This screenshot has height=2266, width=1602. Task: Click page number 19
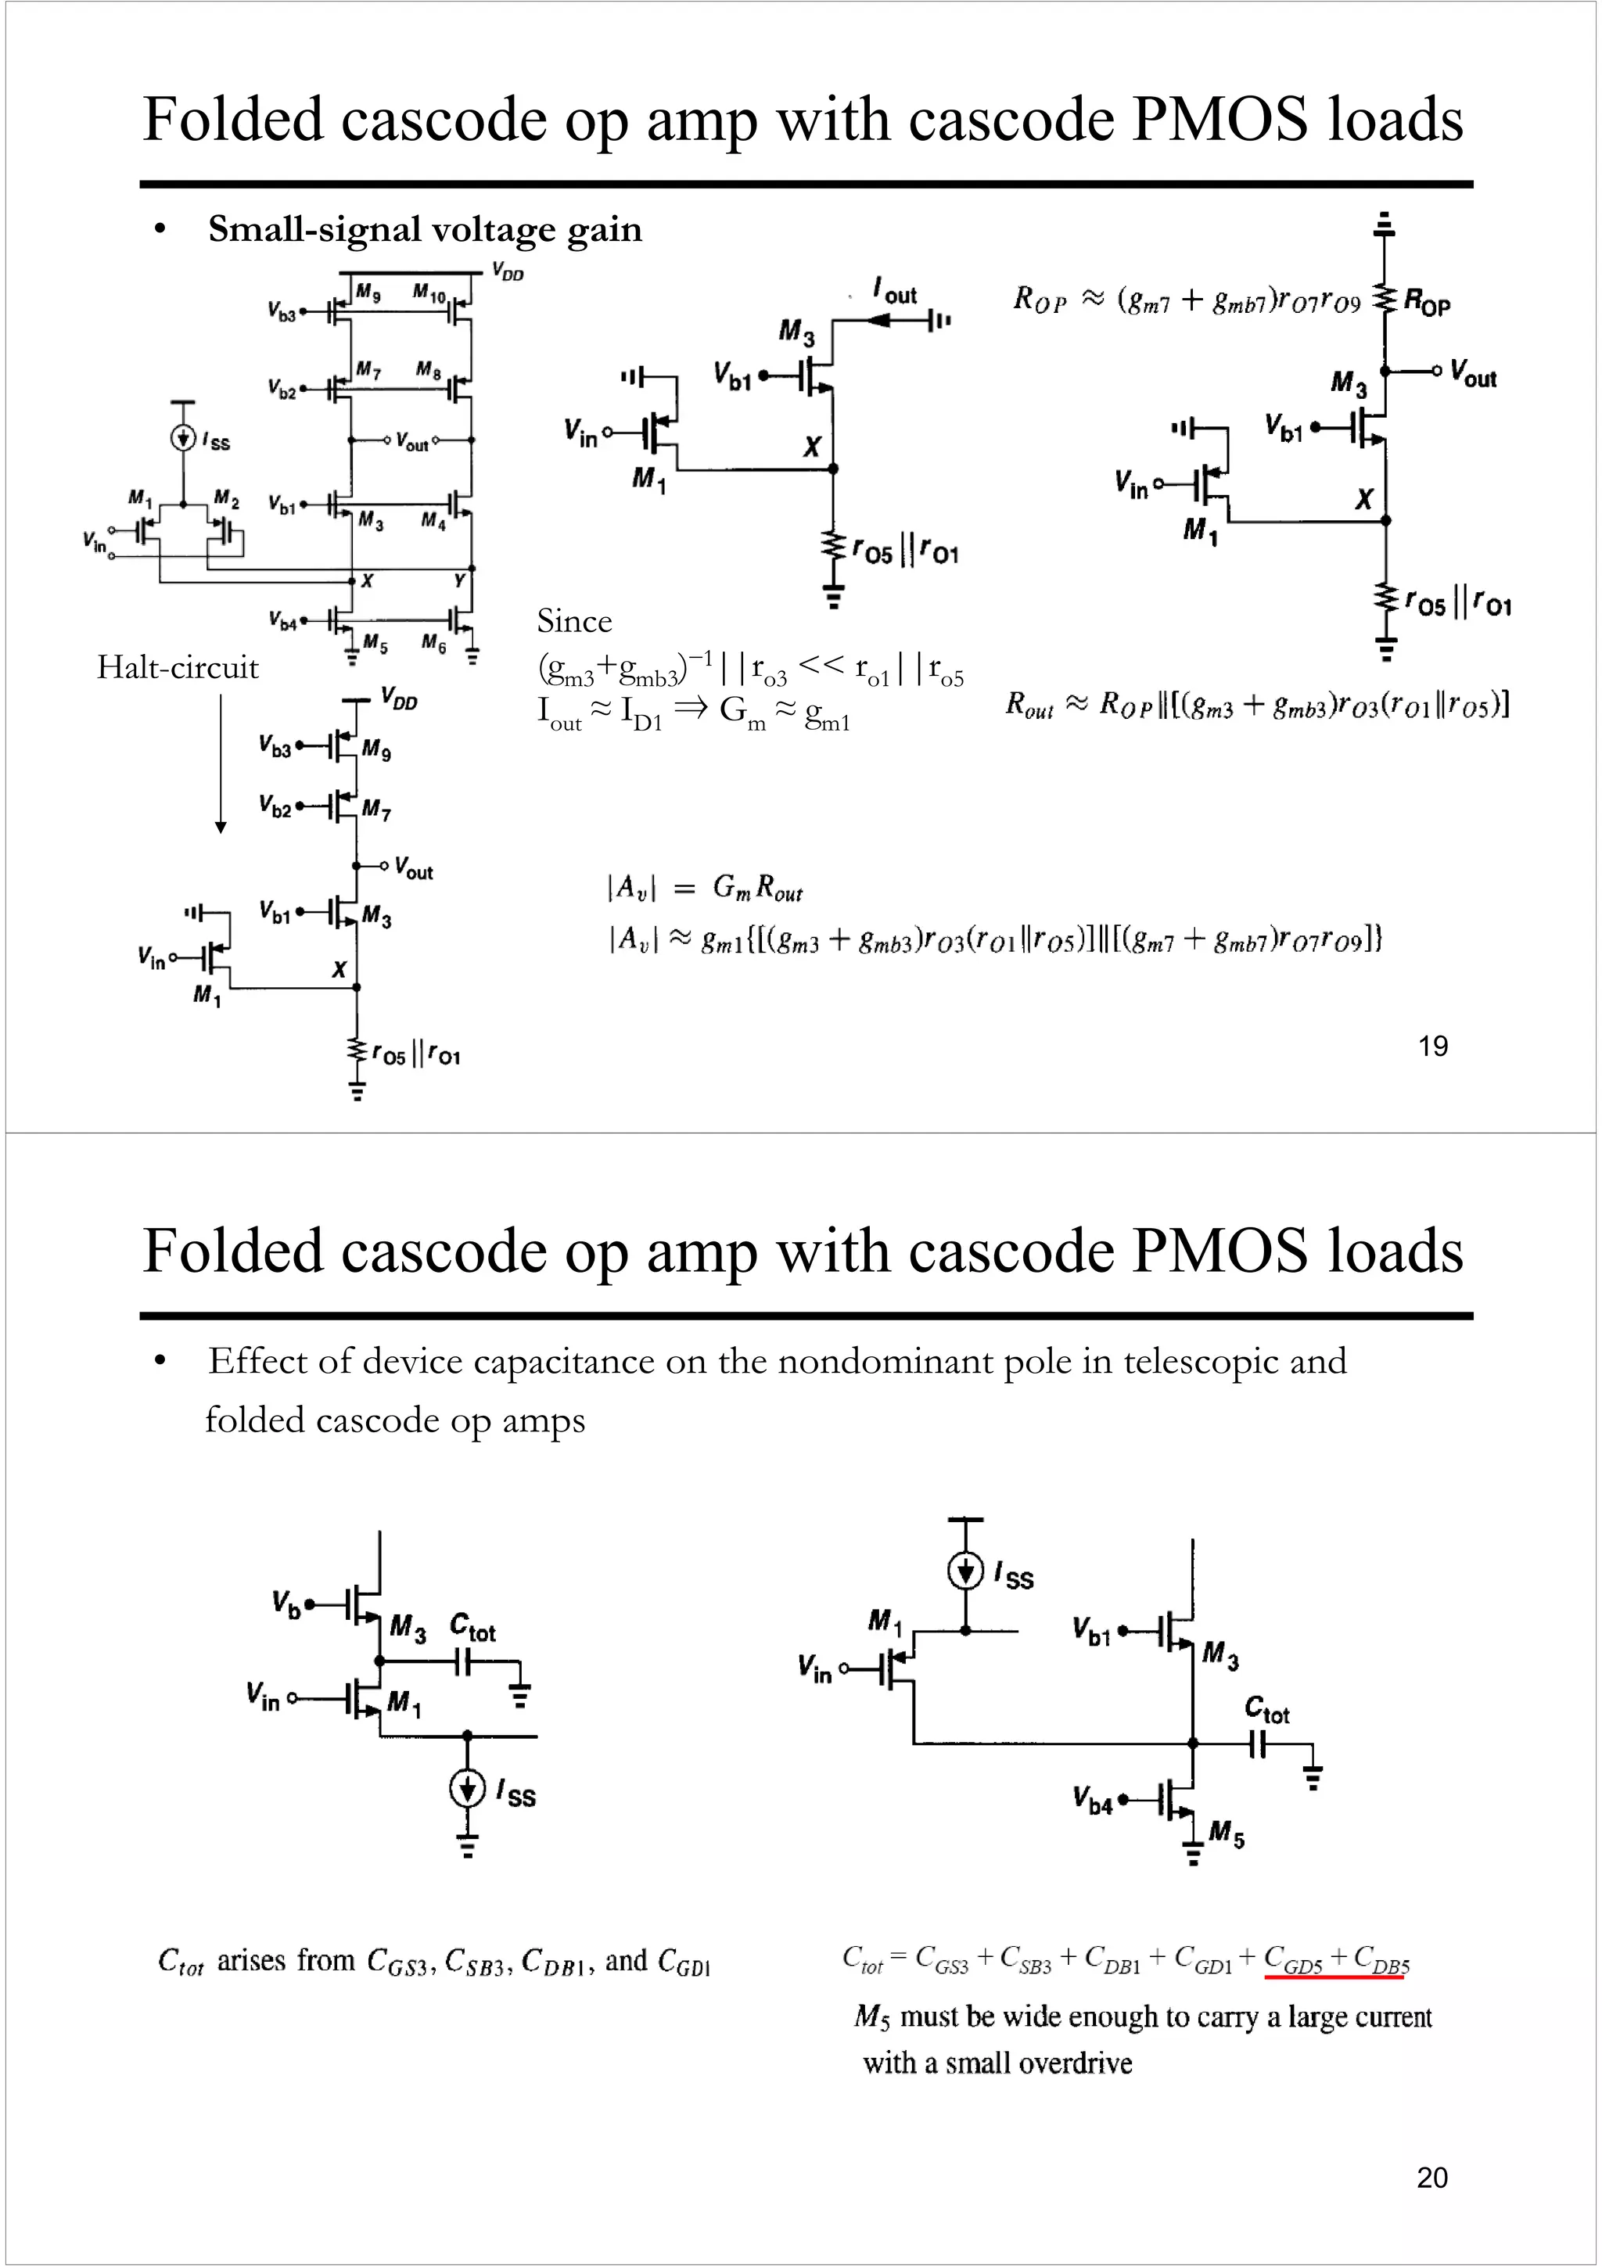(x=1432, y=1045)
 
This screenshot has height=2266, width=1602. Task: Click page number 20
(x=1431, y=2176)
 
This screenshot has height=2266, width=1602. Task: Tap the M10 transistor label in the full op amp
(x=429, y=293)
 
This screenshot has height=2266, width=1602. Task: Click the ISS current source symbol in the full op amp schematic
(x=182, y=437)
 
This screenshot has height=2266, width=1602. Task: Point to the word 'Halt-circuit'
(x=178, y=667)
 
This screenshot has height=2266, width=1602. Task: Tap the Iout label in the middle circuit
(x=896, y=291)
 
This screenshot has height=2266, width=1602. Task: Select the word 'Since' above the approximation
(x=573, y=621)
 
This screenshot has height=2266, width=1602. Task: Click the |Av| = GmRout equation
(x=705, y=889)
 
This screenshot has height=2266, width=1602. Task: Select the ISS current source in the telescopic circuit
(x=467, y=1788)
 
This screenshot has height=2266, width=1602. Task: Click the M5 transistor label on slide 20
(x=1226, y=1835)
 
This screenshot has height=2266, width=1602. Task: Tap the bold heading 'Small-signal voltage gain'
(x=425, y=229)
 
